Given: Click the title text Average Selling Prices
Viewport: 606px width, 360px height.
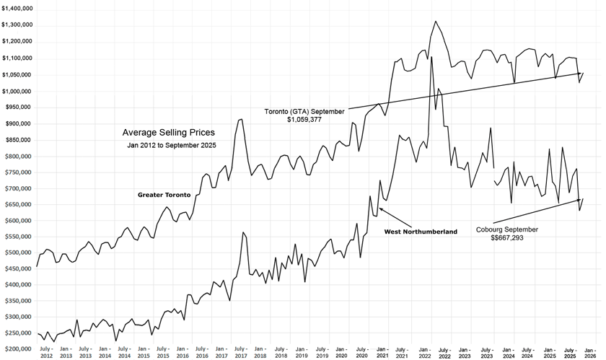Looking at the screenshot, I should pyautogui.click(x=168, y=133).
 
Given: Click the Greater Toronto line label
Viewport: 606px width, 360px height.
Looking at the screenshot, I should pyautogui.click(x=164, y=195).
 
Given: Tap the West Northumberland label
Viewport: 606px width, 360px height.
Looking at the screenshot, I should pyautogui.click(x=421, y=232).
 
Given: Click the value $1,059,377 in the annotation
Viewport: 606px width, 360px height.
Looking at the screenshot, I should pyautogui.click(x=304, y=120).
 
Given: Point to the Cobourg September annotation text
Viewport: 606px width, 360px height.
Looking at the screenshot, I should pyautogui.click(x=506, y=229).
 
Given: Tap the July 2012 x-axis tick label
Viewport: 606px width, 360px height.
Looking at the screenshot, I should pyautogui.click(x=46, y=352).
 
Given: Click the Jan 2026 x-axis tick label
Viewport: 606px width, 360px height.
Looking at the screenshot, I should pyautogui.click(x=589, y=352).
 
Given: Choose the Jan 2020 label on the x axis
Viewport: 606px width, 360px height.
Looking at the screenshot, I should pyautogui.click(x=341, y=352).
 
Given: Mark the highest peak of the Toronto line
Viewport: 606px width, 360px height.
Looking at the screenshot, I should pyautogui.click(x=436, y=22).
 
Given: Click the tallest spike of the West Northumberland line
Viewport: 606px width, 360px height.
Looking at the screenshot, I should pyautogui.click(x=431, y=57).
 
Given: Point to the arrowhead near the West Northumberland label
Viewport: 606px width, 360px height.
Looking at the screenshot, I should pyautogui.click(x=380, y=209).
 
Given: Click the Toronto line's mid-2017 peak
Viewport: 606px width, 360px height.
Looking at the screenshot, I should pyautogui.click(x=240, y=120).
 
